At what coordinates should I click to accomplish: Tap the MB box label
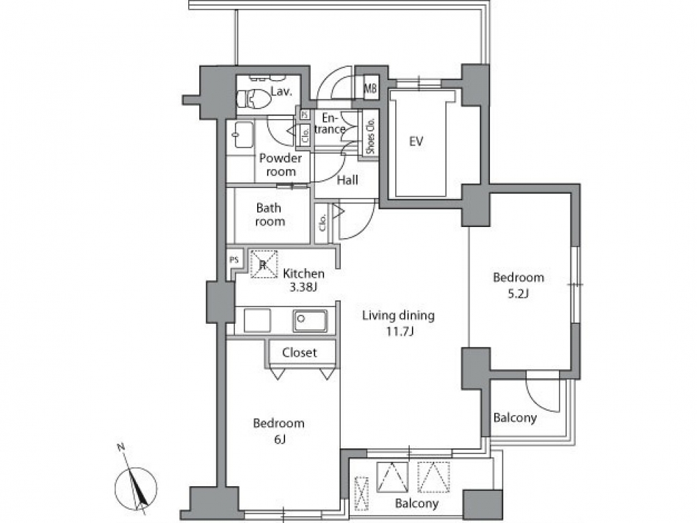click(x=370, y=88)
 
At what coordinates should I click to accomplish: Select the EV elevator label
click(x=415, y=141)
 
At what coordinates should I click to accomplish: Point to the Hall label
click(x=347, y=180)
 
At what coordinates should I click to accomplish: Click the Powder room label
click(x=280, y=165)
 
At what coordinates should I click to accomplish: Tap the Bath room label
click(x=269, y=214)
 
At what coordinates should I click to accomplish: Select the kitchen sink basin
click(x=310, y=320)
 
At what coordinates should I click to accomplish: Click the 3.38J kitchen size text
click(x=303, y=287)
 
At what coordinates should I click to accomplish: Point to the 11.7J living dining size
click(x=399, y=331)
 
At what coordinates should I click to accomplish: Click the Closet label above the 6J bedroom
click(x=299, y=352)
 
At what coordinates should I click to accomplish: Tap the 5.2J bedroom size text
click(x=518, y=293)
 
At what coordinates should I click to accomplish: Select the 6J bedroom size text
click(x=279, y=439)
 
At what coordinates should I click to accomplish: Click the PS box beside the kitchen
click(x=233, y=260)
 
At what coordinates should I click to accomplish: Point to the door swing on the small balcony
click(x=542, y=391)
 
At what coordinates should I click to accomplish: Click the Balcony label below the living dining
click(x=417, y=503)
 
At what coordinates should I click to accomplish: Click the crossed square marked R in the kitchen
click(x=263, y=265)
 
